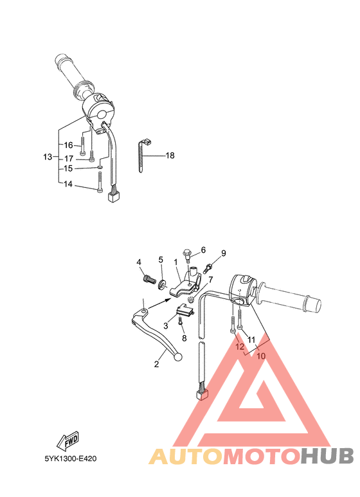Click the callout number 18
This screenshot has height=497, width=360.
tap(170, 156)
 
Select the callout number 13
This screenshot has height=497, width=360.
tap(47, 157)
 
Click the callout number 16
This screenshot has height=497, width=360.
tap(69, 145)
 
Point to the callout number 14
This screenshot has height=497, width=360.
tap(69, 184)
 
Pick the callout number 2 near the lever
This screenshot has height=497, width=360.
tap(156, 365)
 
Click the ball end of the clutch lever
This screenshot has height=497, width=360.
tap(180, 358)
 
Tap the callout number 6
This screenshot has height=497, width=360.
tap(203, 249)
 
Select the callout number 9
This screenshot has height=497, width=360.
tap(224, 253)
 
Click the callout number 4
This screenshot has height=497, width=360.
tap(138, 262)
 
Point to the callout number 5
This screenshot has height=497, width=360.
tap(161, 260)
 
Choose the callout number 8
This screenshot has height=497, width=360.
tap(183, 338)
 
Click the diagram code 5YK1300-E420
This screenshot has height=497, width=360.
tap(71, 460)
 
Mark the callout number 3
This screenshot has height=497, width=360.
tap(165, 326)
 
